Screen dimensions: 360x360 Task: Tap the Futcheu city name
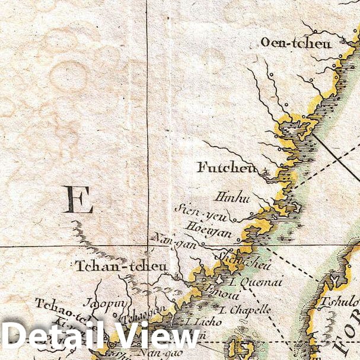[x=227, y=168]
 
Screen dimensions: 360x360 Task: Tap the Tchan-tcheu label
[x=121, y=266]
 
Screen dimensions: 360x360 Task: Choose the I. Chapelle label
[x=244, y=310]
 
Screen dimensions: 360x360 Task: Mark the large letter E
[x=79, y=200]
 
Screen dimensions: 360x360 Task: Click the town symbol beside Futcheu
[x=265, y=173]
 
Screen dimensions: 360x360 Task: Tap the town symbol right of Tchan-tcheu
[x=176, y=275]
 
